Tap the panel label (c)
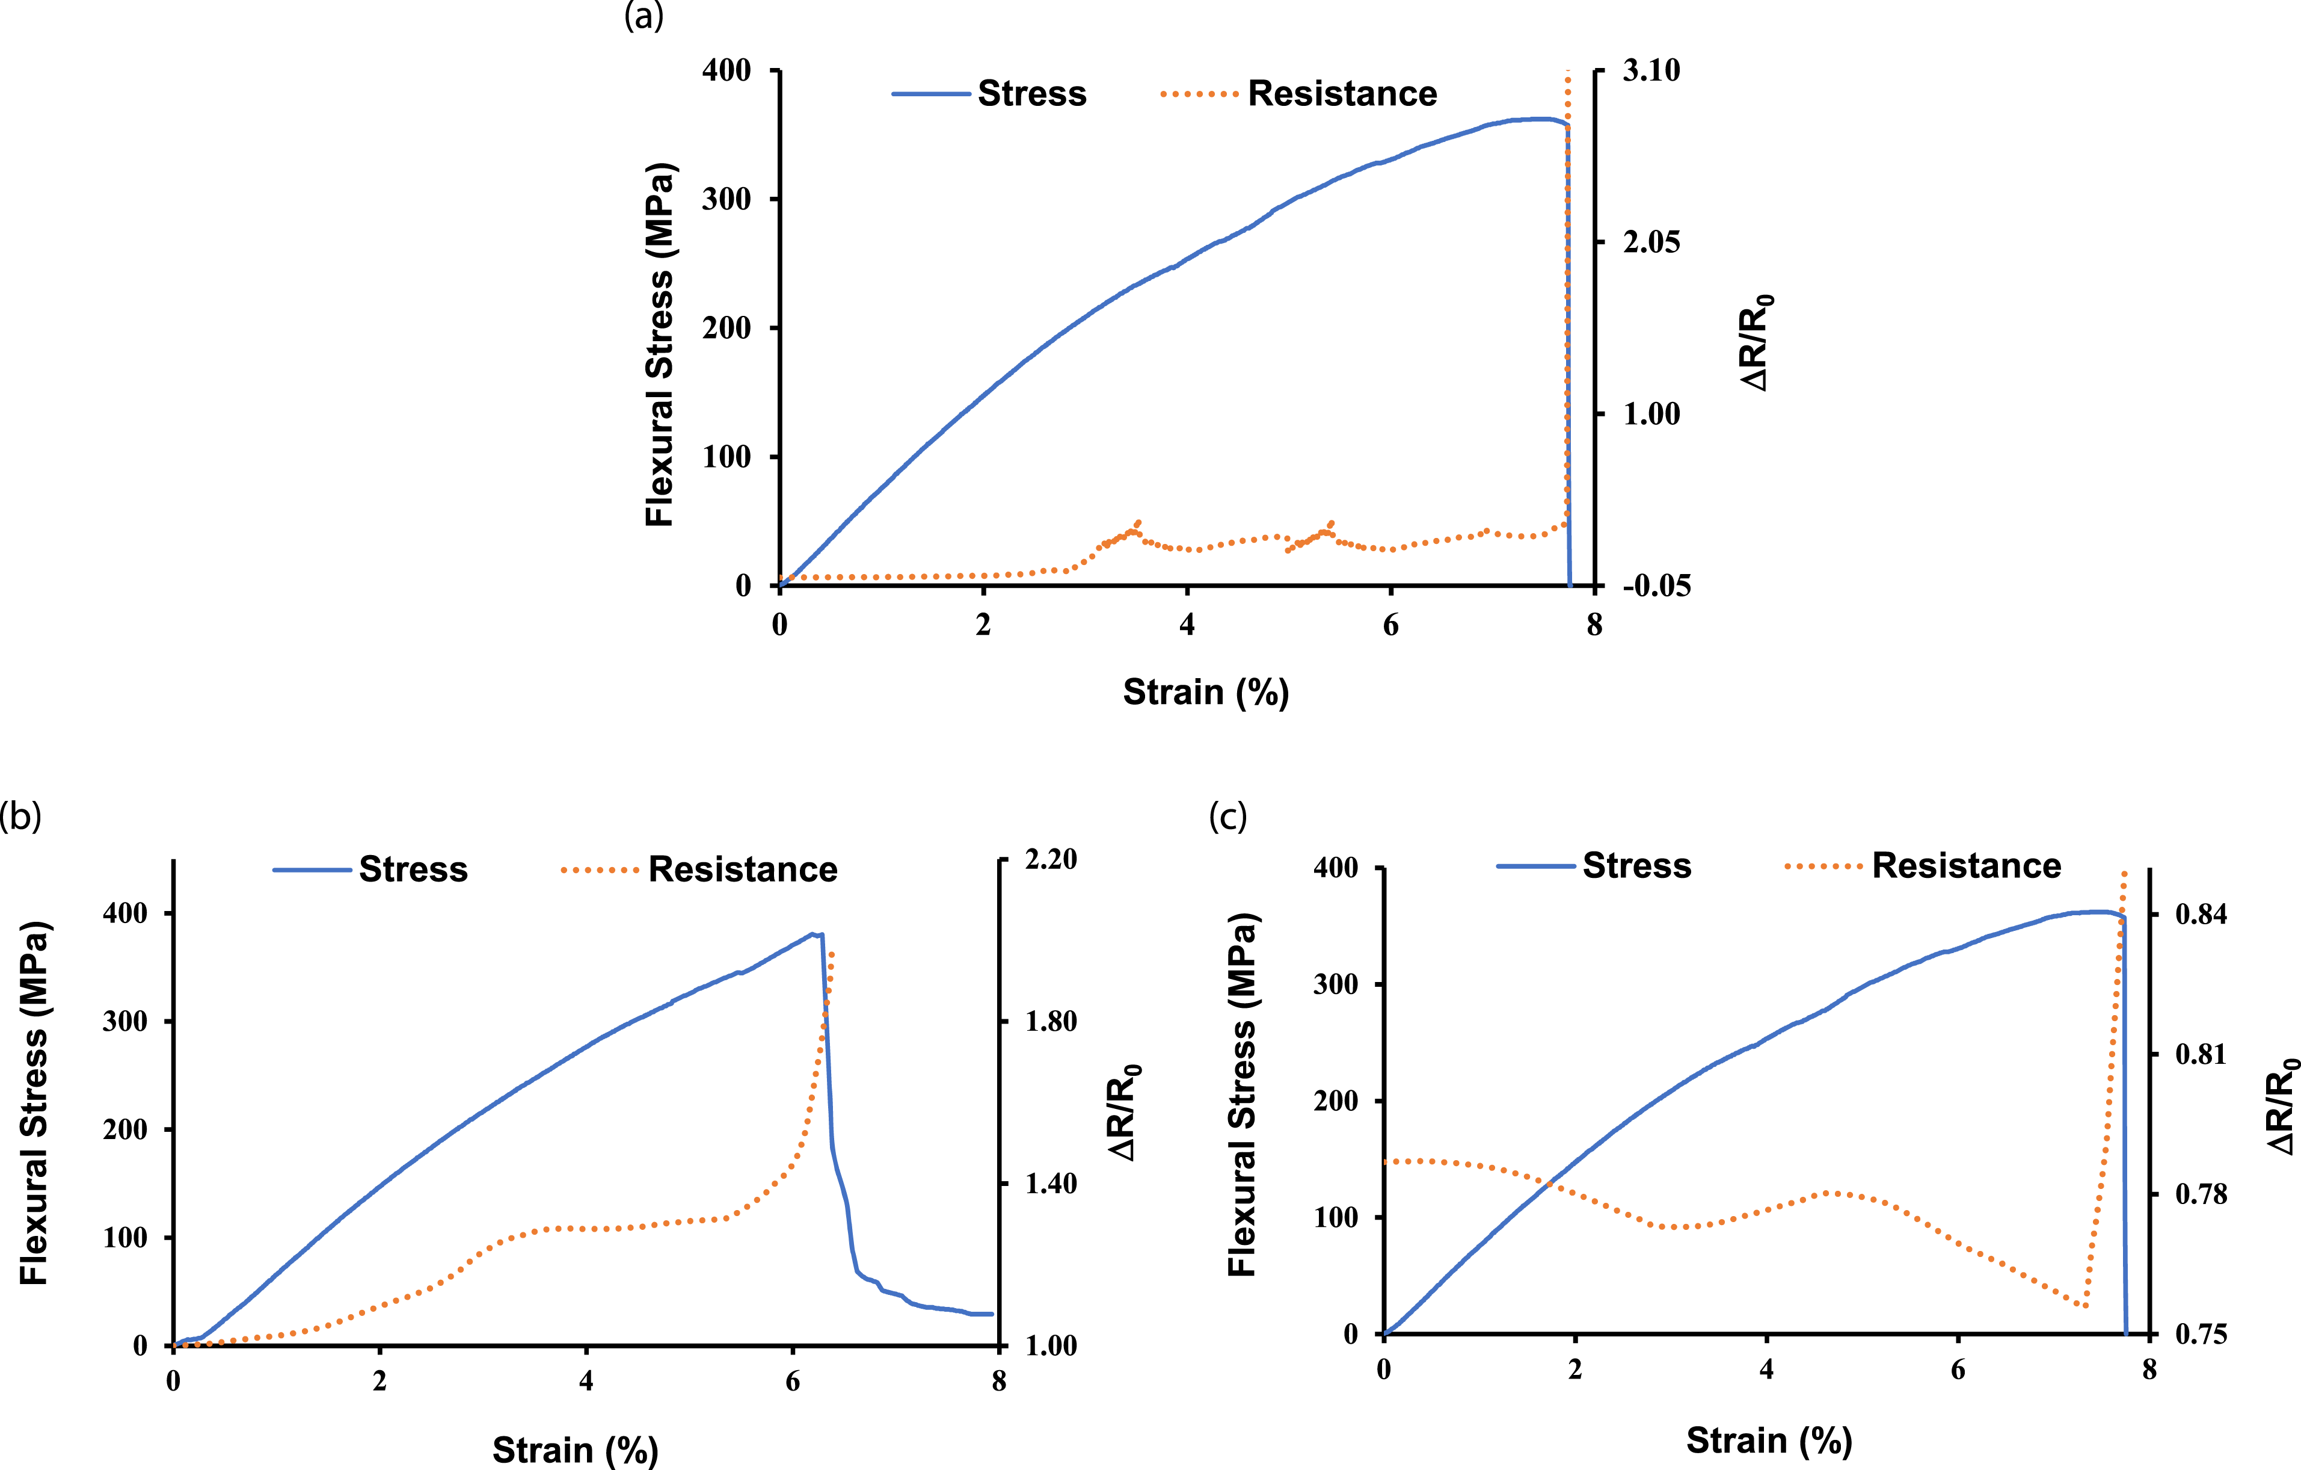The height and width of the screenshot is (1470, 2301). coord(1228,817)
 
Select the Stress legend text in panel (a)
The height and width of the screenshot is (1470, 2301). coord(1032,94)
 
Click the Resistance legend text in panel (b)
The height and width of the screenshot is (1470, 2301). coord(743,869)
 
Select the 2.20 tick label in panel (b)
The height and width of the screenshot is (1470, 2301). coord(1051,859)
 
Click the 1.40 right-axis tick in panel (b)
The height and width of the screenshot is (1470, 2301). coord(1051,1183)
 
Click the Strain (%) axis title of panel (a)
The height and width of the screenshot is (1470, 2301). coord(1206,692)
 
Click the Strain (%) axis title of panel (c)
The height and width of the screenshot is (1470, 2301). coord(1769,1441)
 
